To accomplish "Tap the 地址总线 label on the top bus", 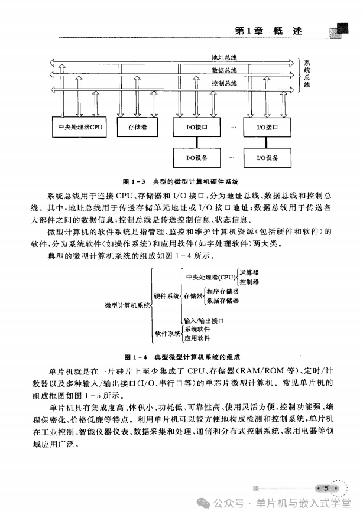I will coord(224,58).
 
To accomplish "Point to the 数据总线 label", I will coord(224,70).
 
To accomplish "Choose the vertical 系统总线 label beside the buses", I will coord(307,73).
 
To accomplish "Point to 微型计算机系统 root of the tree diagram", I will coord(127,305).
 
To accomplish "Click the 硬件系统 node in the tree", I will coord(166,295).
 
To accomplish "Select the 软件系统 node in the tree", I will coord(167,334).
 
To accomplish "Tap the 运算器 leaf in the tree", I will coord(249,273).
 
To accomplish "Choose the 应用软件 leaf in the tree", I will coord(197,338).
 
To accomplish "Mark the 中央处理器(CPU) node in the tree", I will coord(210,277).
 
